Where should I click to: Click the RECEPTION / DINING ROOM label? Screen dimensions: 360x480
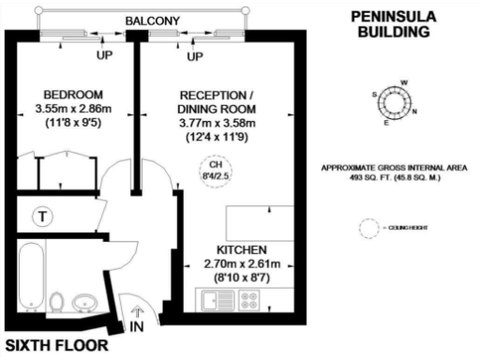point(217,101)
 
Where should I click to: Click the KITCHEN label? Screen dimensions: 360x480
point(242,250)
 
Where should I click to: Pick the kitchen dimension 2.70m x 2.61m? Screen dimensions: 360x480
point(242,264)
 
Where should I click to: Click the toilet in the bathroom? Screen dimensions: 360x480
point(56,303)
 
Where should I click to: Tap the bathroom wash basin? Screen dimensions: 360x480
point(84,302)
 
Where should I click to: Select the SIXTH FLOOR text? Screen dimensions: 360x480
point(55,345)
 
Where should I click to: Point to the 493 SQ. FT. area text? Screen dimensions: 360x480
point(390,176)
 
